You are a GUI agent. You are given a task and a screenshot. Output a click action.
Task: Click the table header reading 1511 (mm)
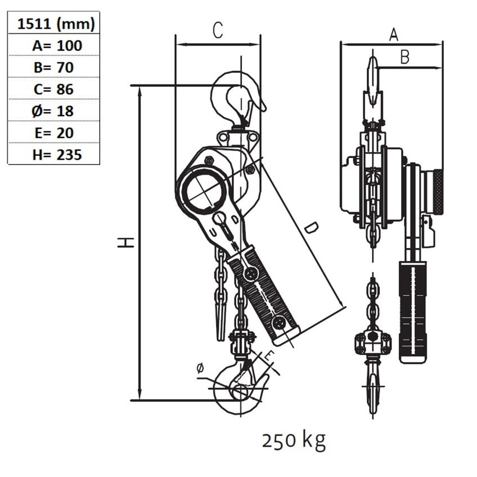(x=56, y=24)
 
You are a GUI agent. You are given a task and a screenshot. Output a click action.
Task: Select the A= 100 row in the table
(x=57, y=46)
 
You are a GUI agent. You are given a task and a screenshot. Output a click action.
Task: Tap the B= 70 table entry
(x=54, y=67)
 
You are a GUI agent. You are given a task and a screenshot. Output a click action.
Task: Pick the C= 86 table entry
(x=54, y=89)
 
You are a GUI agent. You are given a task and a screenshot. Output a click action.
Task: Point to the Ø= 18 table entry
(x=53, y=111)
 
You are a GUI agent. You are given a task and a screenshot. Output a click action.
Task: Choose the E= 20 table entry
(x=54, y=133)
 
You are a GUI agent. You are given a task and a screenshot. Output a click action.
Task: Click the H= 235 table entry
(x=57, y=155)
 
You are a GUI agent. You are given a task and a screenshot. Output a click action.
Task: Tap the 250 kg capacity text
(x=294, y=441)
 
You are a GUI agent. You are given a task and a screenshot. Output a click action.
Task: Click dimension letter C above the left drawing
(x=218, y=30)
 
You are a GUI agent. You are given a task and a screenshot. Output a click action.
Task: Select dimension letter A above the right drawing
(x=394, y=35)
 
